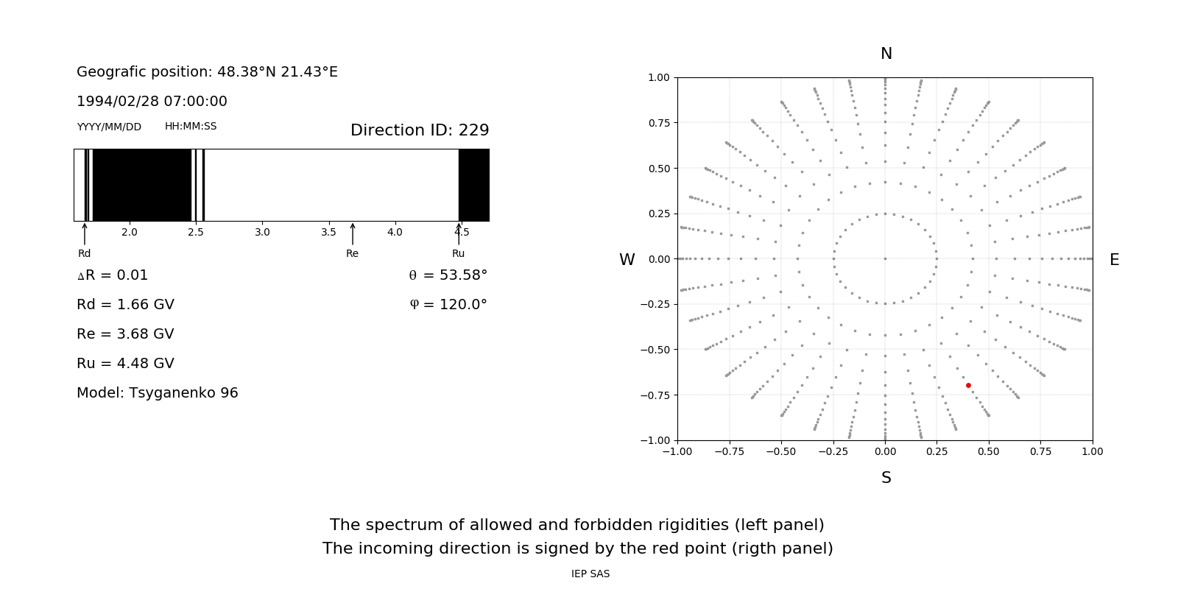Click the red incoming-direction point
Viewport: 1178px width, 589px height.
click(968, 385)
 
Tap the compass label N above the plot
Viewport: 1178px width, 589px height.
click(886, 54)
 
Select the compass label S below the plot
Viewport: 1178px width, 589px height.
click(886, 478)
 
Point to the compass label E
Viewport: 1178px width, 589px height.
click(1114, 260)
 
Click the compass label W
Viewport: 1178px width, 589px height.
click(627, 260)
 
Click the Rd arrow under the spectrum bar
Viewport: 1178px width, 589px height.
click(85, 233)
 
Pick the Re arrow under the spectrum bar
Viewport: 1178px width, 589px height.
click(353, 233)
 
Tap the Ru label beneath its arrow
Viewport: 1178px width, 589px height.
click(458, 253)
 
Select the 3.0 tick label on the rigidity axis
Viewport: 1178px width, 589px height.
click(262, 232)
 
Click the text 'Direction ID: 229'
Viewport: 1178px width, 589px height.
click(420, 130)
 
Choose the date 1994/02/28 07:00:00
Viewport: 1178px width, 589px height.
click(152, 102)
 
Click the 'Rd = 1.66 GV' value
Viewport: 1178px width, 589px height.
click(125, 305)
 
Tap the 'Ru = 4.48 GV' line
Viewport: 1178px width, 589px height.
click(125, 364)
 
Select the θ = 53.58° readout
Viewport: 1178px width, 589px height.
click(448, 275)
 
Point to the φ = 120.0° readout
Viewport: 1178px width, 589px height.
click(448, 305)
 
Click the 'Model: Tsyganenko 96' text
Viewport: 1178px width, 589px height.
click(158, 393)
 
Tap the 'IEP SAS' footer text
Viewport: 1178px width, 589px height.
click(590, 574)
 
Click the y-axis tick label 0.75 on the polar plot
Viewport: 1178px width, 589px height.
click(658, 123)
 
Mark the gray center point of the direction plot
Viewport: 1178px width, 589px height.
click(885, 258)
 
